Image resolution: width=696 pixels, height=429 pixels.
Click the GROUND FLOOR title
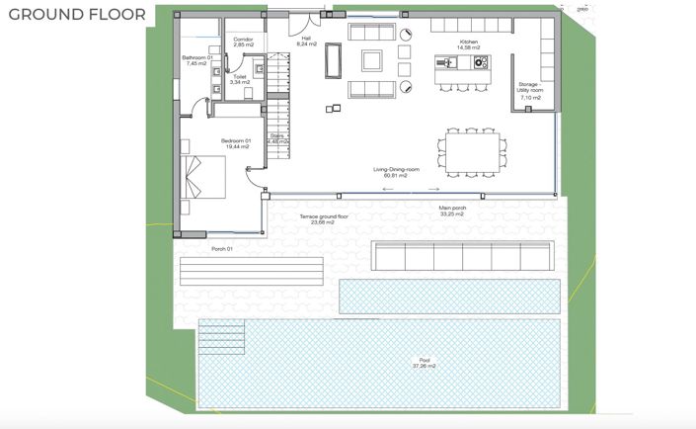coord(77,15)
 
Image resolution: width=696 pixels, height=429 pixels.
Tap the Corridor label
coord(244,42)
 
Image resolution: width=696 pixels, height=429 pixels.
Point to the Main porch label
coord(452,211)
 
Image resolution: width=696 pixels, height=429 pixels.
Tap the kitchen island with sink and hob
coord(463,63)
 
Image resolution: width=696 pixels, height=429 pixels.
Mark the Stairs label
coord(277,139)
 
